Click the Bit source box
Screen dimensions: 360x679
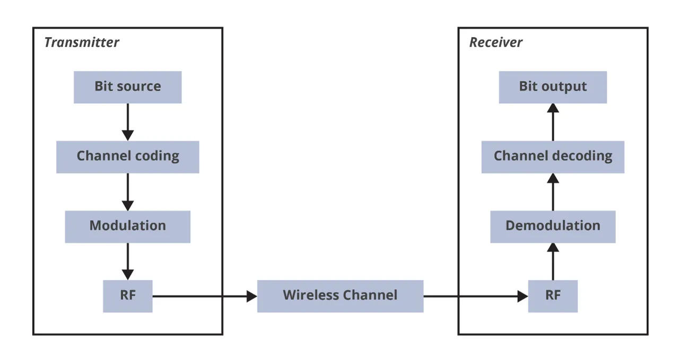(x=127, y=87)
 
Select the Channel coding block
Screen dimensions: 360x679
(x=127, y=157)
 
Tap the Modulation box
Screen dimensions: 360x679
(x=127, y=226)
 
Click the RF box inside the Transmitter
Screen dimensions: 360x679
(x=127, y=296)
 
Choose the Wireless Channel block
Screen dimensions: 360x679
(x=340, y=296)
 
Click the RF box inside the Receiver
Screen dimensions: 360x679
(x=553, y=296)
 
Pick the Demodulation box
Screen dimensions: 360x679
(x=553, y=226)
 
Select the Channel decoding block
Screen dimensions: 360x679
(x=553, y=157)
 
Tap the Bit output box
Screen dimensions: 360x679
(x=553, y=87)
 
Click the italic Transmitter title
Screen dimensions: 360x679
(x=82, y=43)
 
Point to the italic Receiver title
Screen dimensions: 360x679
(x=495, y=43)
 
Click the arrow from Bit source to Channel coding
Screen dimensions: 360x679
(x=127, y=122)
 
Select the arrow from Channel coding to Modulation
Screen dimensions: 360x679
(x=127, y=191)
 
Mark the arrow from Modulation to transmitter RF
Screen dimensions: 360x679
(x=127, y=261)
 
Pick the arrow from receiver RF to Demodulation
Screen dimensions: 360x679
(x=553, y=261)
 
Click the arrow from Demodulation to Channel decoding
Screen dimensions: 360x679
(x=553, y=192)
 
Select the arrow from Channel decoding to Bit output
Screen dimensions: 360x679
(x=553, y=122)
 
